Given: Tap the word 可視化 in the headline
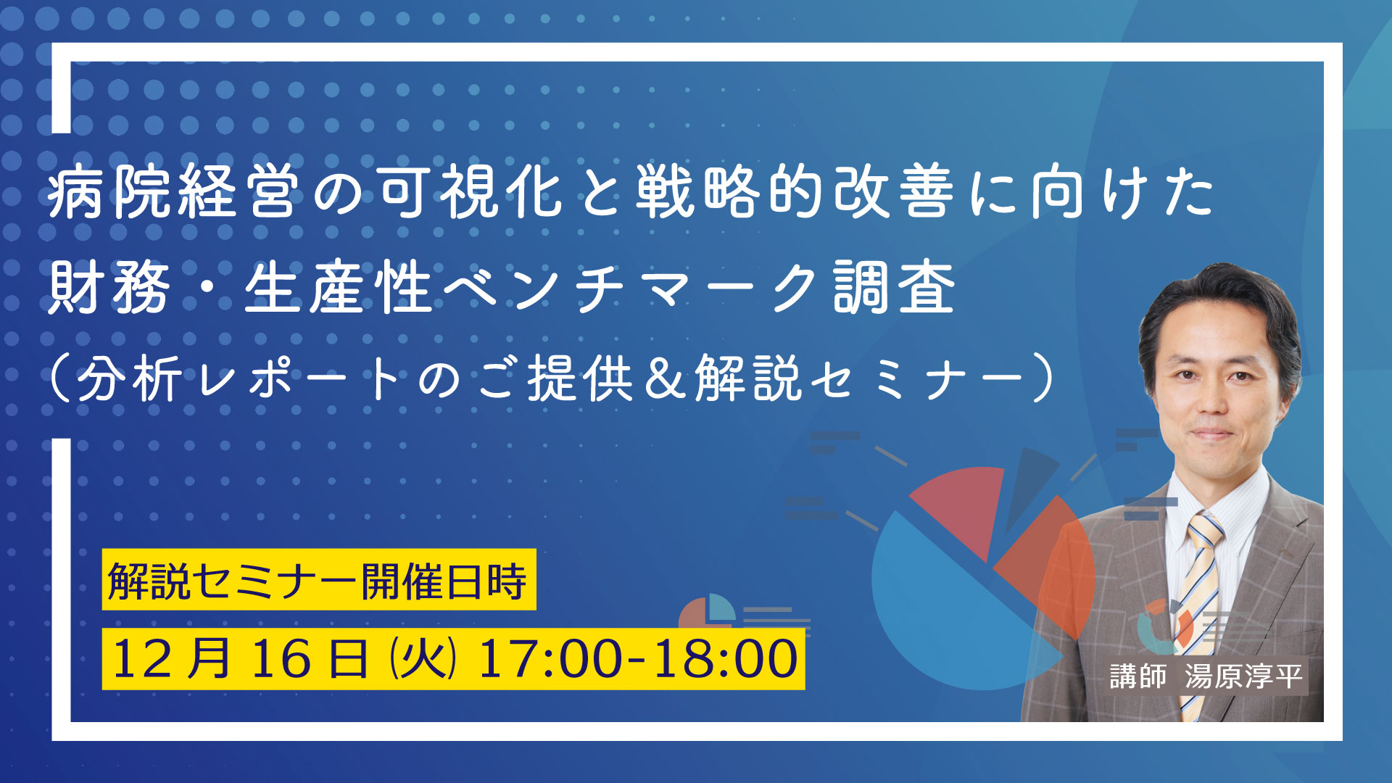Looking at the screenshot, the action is coord(471,191).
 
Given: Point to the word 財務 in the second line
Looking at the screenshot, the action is coord(109,288).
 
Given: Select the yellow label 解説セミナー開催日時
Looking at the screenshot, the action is coord(319,580).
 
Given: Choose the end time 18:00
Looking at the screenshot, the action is coord(725,658).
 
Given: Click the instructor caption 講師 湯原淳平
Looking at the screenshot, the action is coord(1206,676).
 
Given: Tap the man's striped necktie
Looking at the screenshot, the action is coord(1200,609).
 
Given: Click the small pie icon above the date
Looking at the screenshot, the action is coord(707,613).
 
